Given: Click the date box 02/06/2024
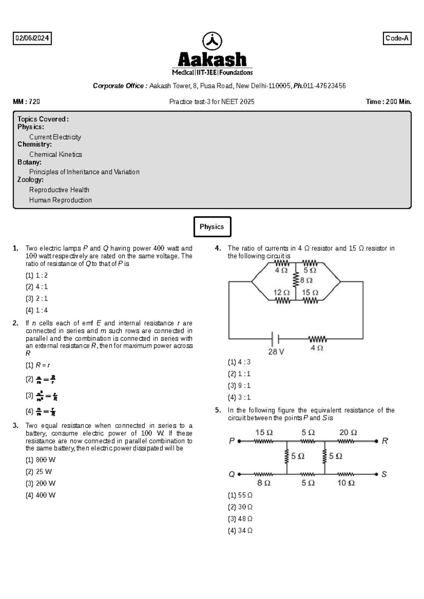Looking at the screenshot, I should pos(32,38).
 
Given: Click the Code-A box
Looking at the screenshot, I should pos(397,38).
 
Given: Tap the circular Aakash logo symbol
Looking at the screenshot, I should pos(212,41).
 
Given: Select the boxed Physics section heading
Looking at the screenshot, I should pos(212,227).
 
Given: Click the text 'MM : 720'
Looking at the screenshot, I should pos(26,102).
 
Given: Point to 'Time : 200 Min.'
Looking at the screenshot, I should pos(389,102).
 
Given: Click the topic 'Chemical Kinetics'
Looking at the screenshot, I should pos(55,155).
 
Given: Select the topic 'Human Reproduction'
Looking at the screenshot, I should pos(60,200).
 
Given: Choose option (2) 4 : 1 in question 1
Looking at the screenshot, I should pos(37,287).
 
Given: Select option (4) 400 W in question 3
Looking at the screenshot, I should pos(40,495).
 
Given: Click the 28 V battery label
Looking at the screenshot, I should pos(276,352).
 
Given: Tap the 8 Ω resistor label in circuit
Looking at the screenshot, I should pos(306,280).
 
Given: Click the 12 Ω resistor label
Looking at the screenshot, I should pos(282,292).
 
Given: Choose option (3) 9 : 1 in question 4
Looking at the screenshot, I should pos(239,386).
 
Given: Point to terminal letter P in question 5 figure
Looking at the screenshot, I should pos(232,441).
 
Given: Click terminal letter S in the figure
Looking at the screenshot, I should pos(384,474).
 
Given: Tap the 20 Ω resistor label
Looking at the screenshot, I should pos(348,432).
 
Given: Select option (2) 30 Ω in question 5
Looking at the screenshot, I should pos(240,507).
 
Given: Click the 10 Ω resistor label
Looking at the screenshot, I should pos(346,483).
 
